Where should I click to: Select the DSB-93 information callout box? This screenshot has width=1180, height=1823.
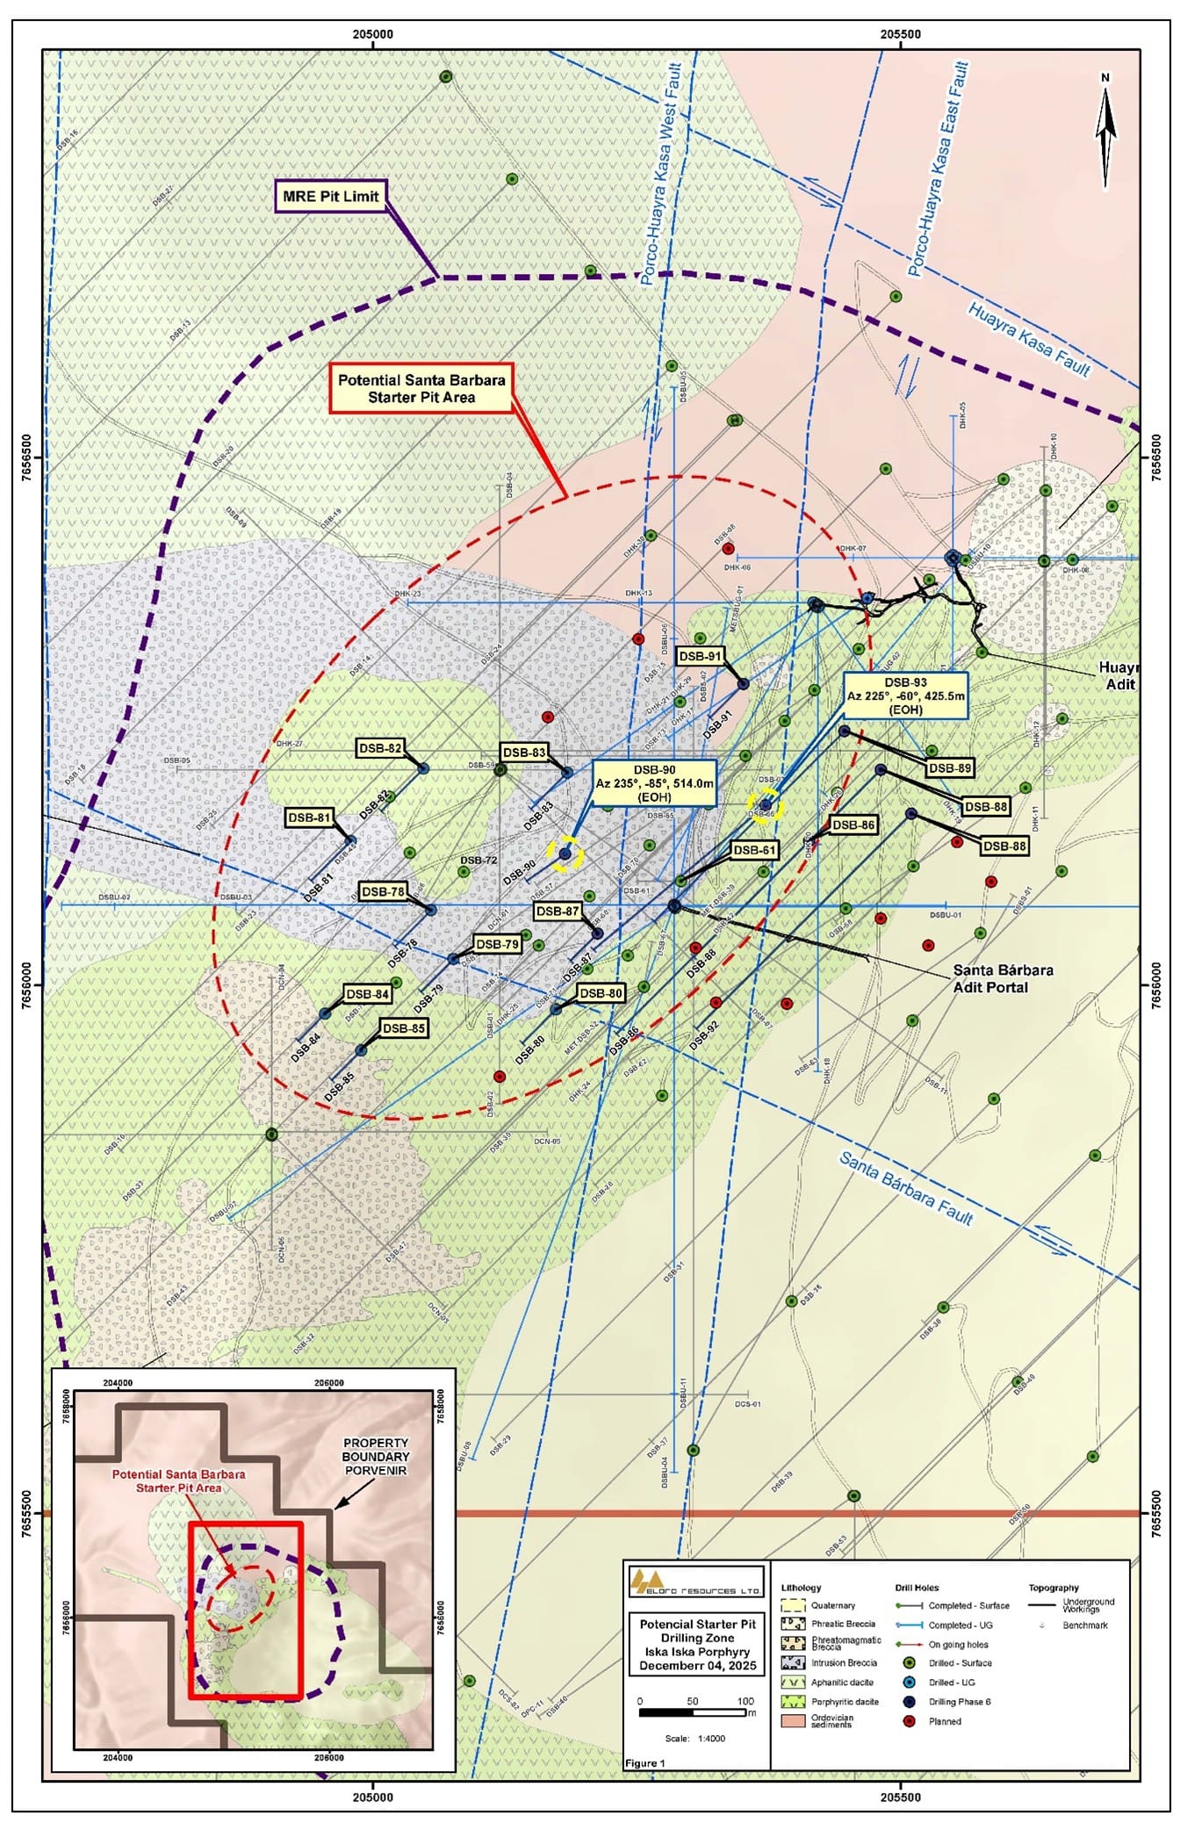(905, 695)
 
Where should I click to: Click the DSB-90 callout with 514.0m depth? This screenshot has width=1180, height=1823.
(654, 784)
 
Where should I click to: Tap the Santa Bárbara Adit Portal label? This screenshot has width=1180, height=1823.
(1003, 978)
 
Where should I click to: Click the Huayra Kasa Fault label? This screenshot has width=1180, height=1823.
(1028, 339)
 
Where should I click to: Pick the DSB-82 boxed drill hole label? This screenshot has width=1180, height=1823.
(380, 748)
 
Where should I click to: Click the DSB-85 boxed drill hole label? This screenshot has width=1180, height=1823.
(404, 1027)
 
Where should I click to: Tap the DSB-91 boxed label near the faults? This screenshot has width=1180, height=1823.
(700, 656)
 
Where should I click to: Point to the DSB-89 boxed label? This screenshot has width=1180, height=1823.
(949, 767)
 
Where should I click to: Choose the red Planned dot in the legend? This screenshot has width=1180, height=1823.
(910, 1721)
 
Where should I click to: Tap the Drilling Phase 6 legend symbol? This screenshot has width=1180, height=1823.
(910, 1701)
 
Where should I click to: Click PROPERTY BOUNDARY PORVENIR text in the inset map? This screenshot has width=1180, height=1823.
(376, 1456)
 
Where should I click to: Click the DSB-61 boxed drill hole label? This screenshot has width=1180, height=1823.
(754, 850)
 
